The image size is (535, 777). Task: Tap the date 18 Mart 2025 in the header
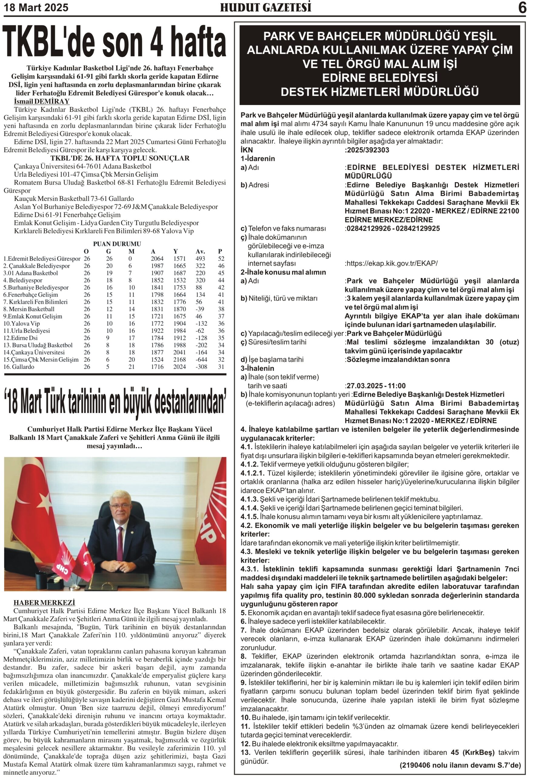click(x=36, y=7)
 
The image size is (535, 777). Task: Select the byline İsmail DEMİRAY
click(x=42, y=101)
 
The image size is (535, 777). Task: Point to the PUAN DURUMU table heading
click(x=117, y=244)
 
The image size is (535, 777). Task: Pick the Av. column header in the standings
click(x=200, y=251)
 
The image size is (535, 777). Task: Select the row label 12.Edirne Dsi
click(x=20, y=338)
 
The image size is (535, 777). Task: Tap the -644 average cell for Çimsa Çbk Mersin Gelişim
click(x=202, y=359)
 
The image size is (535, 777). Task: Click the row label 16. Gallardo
click(x=19, y=367)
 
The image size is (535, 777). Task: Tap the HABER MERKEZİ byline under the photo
click(x=44, y=603)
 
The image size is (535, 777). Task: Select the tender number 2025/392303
click(x=368, y=150)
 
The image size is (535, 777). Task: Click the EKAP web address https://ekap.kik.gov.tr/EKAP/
click(x=392, y=263)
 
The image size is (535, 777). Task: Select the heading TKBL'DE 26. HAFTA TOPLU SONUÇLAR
click(x=120, y=158)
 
